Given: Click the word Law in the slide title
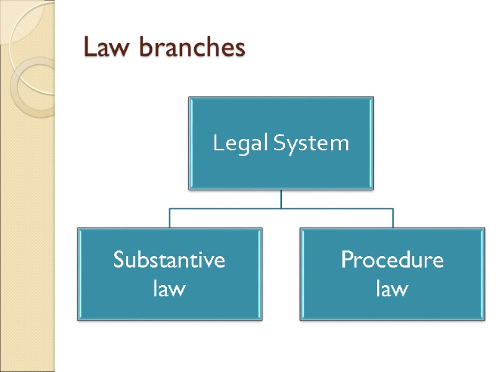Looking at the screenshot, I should (x=104, y=48).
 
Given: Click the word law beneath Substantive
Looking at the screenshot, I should (x=169, y=288).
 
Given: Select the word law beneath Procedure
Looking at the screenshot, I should (x=392, y=288).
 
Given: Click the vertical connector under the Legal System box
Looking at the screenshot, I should (x=281, y=199).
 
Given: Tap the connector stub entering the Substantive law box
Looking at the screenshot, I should (x=170, y=218).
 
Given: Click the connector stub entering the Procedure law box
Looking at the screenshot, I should (x=392, y=218).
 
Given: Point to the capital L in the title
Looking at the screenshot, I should (x=90, y=48).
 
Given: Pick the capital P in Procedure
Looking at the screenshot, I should (x=347, y=260).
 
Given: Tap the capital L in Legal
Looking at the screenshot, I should (x=217, y=144).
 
